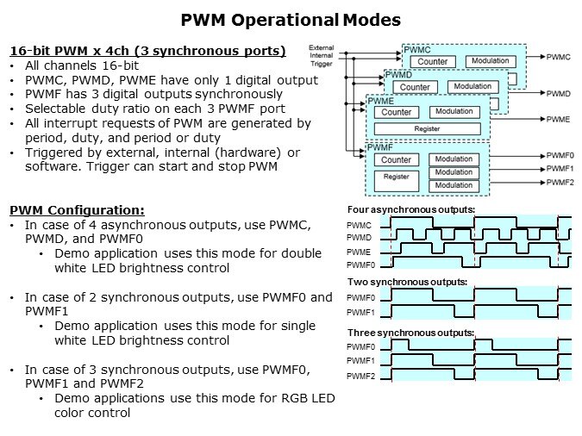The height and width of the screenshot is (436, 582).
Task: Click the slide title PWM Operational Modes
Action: [x=290, y=20]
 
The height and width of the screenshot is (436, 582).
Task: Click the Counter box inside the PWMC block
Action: [x=432, y=62]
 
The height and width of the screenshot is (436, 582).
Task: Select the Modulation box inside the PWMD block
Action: [x=472, y=87]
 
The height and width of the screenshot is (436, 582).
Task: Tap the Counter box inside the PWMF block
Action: [x=396, y=160]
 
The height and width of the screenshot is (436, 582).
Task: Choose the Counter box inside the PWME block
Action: [x=397, y=112]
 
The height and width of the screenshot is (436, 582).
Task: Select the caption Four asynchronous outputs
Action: [x=410, y=210]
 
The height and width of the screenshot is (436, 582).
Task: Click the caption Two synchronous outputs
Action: [x=407, y=282]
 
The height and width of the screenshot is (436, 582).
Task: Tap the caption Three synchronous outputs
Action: [x=410, y=333]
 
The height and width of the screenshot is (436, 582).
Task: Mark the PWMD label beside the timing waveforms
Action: [x=359, y=237]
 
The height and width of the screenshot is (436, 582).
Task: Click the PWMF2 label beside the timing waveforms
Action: [x=360, y=377]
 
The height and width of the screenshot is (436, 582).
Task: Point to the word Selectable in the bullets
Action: [x=57, y=109]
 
